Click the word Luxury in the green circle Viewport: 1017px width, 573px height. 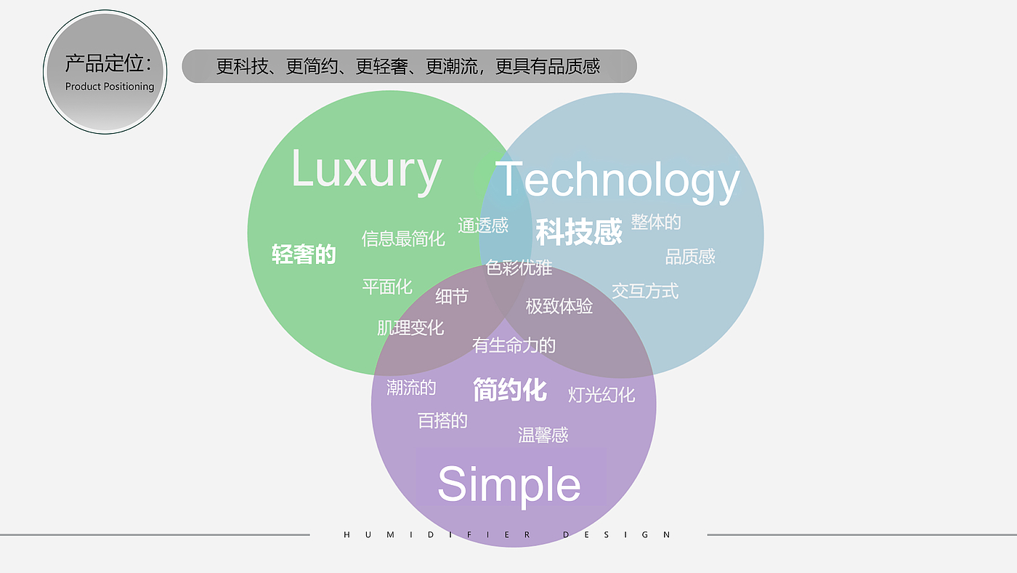(x=366, y=170)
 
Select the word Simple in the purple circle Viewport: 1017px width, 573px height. (x=508, y=484)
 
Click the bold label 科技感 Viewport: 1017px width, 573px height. (x=579, y=232)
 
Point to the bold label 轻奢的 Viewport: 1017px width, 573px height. (x=304, y=255)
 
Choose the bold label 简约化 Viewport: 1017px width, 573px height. (x=509, y=390)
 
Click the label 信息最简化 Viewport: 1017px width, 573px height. (x=403, y=238)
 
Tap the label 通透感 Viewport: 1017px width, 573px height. (x=483, y=225)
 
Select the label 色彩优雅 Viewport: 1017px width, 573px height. (x=519, y=268)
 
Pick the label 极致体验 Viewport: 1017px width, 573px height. (x=559, y=306)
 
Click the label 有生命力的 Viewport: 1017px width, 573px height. (x=514, y=345)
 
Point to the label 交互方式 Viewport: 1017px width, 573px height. (x=645, y=291)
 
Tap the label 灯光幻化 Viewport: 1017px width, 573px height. (x=601, y=395)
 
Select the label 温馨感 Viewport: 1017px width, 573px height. (x=543, y=435)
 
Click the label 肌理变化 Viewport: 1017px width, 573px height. (x=410, y=328)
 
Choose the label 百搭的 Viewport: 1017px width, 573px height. (x=442, y=420)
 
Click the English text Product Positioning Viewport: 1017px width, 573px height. (x=110, y=87)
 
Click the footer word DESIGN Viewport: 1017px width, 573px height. (x=617, y=534)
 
